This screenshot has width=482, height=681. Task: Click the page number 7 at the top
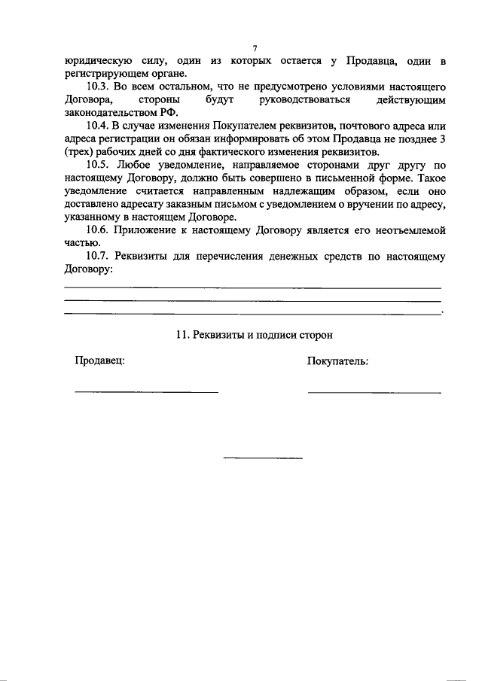[x=255, y=47]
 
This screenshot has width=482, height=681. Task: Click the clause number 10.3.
[x=100, y=87]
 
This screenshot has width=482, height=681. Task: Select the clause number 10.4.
[x=100, y=126]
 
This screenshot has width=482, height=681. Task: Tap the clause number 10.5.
[x=100, y=164]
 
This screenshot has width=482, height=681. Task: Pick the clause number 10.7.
[x=100, y=256]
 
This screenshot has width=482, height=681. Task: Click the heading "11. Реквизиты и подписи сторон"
[x=254, y=334]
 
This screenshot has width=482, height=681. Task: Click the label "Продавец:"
[x=99, y=360]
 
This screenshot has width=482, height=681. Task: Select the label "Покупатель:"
[x=337, y=360]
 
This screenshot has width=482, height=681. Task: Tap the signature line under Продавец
[x=146, y=391]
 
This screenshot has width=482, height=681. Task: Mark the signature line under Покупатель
[x=374, y=391]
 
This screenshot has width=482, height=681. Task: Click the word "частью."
[x=82, y=242]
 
